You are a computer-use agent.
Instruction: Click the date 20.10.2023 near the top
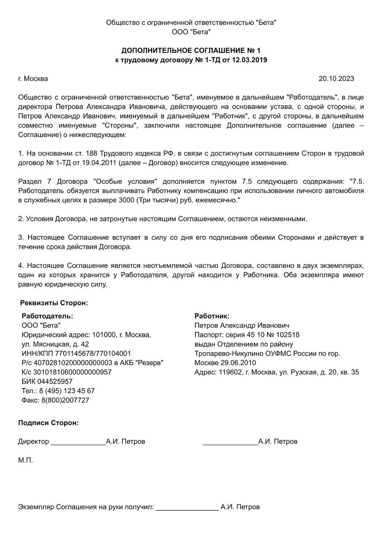point(336,78)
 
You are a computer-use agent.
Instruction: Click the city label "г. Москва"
point(33,78)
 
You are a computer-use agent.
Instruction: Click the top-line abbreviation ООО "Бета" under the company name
point(191,32)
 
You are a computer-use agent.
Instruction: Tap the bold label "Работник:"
point(212,316)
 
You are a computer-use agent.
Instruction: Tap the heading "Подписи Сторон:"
point(48,423)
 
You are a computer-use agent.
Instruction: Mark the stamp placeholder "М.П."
point(26,461)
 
